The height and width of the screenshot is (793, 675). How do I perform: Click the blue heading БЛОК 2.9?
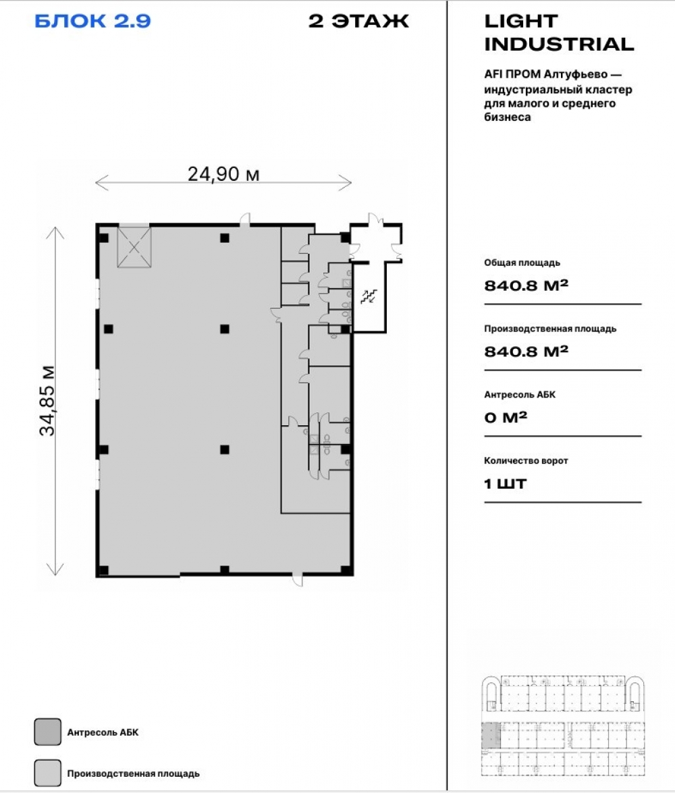pos(92,21)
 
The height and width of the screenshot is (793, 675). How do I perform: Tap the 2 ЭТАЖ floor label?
pos(358,21)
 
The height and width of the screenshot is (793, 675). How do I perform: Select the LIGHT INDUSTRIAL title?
pos(559,33)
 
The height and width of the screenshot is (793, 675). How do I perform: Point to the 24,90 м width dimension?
pos(223,174)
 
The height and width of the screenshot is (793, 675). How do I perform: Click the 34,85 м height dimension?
pos(47,400)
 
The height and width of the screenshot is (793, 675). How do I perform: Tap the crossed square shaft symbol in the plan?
pos(134,247)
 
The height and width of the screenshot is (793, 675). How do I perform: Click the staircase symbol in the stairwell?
pos(369,296)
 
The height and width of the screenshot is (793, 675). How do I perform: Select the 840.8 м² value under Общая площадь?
pos(526,285)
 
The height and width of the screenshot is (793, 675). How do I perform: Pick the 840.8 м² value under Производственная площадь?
pos(526,351)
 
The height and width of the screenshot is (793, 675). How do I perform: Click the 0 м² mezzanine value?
pos(506,417)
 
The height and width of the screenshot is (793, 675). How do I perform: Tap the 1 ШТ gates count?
pos(505,484)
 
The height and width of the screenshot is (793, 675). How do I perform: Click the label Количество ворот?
pos(526,461)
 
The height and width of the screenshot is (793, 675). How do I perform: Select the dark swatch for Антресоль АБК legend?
pos(47,732)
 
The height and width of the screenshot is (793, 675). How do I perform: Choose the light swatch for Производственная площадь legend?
pos(47,773)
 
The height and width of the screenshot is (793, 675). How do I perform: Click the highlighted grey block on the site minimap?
pos(490,736)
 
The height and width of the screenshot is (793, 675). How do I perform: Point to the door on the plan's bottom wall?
pos(298,578)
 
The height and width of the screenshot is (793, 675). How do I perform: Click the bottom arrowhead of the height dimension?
pos(55,570)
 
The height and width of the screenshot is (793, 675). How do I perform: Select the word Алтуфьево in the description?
pos(576,74)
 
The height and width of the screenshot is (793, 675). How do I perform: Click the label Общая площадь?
pos(522,263)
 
